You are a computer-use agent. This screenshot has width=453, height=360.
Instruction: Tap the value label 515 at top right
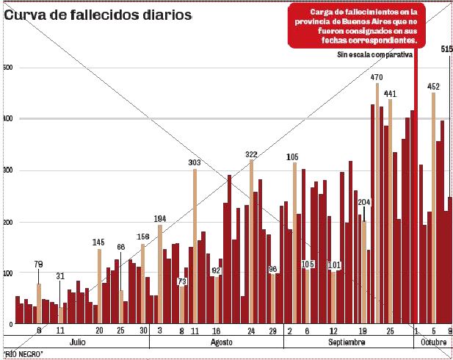pyautogui.click(x=446, y=48)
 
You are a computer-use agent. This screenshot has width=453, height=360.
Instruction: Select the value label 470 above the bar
pyautogui.click(x=377, y=77)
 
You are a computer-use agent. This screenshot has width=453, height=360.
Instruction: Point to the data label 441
pyautogui.click(x=390, y=93)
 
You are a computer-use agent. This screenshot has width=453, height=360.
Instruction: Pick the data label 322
pyautogui.click(x=251, y=154)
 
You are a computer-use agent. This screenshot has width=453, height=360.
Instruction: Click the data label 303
pyautogui.click(x=195, y=162)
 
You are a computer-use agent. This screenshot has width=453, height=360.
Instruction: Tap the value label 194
pyautogui.click(x=161, y=219)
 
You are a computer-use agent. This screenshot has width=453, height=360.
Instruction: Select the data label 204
pyautogui.click(x=364, y=202)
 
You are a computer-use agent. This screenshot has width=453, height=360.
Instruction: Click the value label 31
pyautogui.click(x=60, y=276)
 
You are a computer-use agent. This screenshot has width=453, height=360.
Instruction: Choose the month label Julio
pyautogui.click(x=77, y=343)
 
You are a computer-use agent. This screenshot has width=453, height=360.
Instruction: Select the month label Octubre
pyautogui.click(x=433, y=343)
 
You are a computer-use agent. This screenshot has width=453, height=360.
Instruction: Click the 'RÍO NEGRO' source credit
pyautogui.click(x=24, y=355)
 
